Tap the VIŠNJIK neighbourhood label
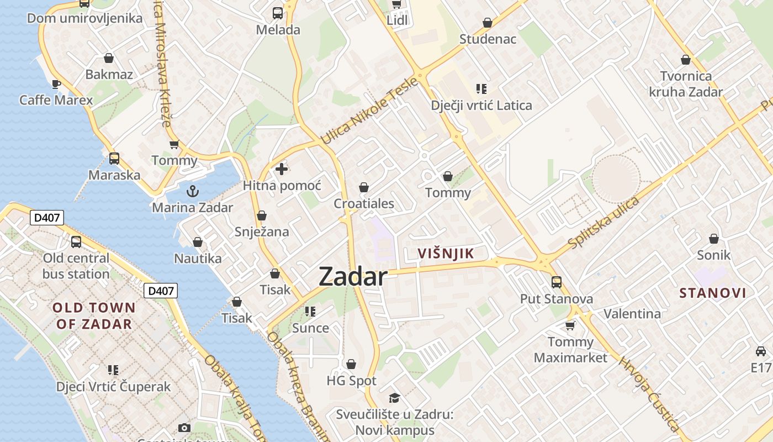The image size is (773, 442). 446,254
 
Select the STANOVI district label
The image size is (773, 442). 712,293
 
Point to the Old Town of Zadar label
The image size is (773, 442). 94,315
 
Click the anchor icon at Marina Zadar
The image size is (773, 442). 193,191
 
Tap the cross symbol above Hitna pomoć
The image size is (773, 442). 282,169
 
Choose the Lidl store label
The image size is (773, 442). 398,20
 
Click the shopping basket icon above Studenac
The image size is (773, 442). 488,23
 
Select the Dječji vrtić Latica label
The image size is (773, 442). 481,105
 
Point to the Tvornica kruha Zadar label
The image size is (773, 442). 686,83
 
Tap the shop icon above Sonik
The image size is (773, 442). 714,239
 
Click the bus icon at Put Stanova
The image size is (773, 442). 557,282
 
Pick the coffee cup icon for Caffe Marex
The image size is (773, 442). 56,84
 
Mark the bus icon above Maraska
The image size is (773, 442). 114,159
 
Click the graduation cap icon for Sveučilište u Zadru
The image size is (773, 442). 394,398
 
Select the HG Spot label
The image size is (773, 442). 351,381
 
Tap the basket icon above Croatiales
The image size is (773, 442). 364,188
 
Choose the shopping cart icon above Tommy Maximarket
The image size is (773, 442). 570,325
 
